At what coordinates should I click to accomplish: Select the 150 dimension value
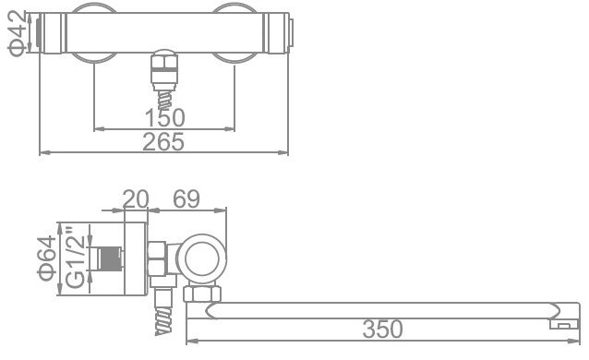[x=165, y=117]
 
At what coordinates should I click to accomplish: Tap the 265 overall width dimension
[x=165, y=141]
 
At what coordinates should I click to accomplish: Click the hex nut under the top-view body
[x=165, y=66]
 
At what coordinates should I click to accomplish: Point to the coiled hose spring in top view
[x=165, y=91]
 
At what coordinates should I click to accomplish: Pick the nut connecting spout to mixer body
[x=201, y=294]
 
